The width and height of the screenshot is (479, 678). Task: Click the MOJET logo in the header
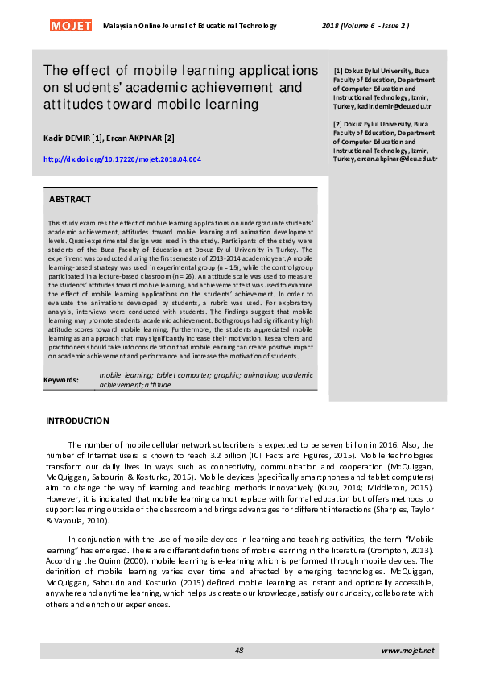pos(71,26)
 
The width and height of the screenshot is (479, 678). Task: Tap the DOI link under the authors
pos(122,159)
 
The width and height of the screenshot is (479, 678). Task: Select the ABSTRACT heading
pos(70,199)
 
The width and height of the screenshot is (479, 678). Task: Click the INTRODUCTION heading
pos(77,420)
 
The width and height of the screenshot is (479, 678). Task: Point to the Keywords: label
pos(61,380)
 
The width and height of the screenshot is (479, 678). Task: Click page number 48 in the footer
pos(239,650)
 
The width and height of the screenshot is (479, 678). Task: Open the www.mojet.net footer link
pos(407,650)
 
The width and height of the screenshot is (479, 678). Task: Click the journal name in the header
pos(190,26)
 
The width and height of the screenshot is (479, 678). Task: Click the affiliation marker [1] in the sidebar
pos(338,72)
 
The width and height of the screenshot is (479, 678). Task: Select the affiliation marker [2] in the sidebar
pos(338,124)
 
